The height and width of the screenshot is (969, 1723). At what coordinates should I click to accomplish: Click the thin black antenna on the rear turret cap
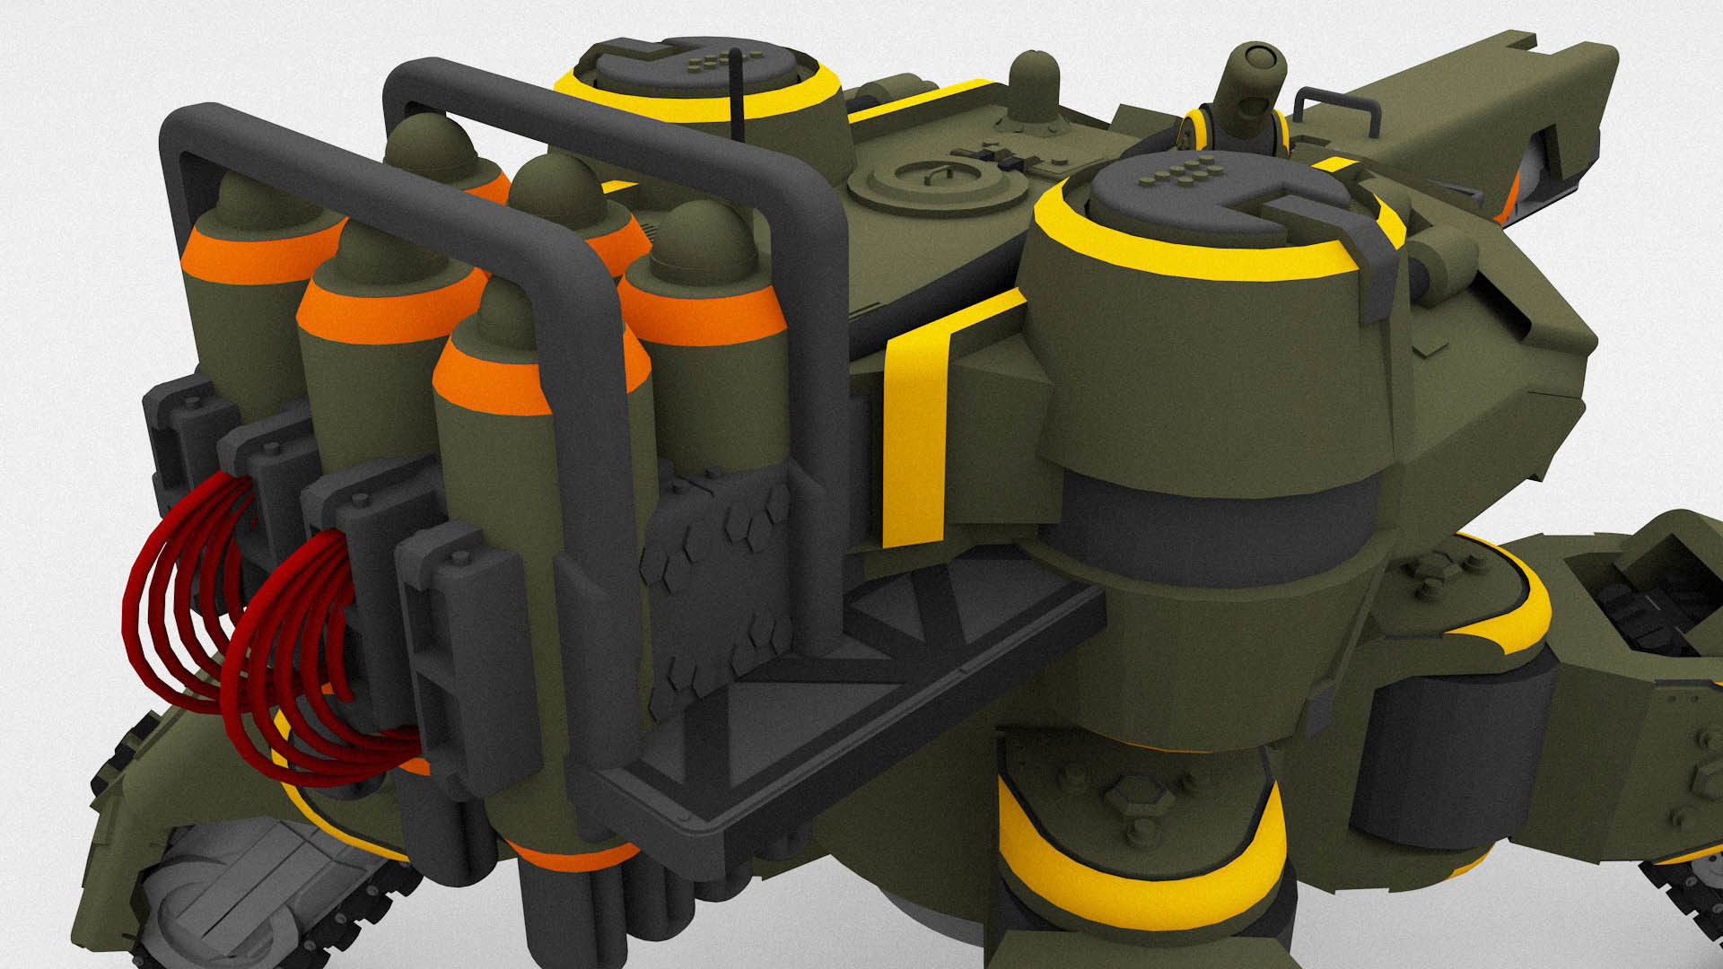[x=737, y=93]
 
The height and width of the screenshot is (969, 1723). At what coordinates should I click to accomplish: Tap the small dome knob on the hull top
[x=1034, y=86]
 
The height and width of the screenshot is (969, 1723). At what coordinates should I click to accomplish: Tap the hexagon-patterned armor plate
[x=718, y=574]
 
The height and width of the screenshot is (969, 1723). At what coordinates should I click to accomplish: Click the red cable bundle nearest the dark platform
[x=305, y=664]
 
